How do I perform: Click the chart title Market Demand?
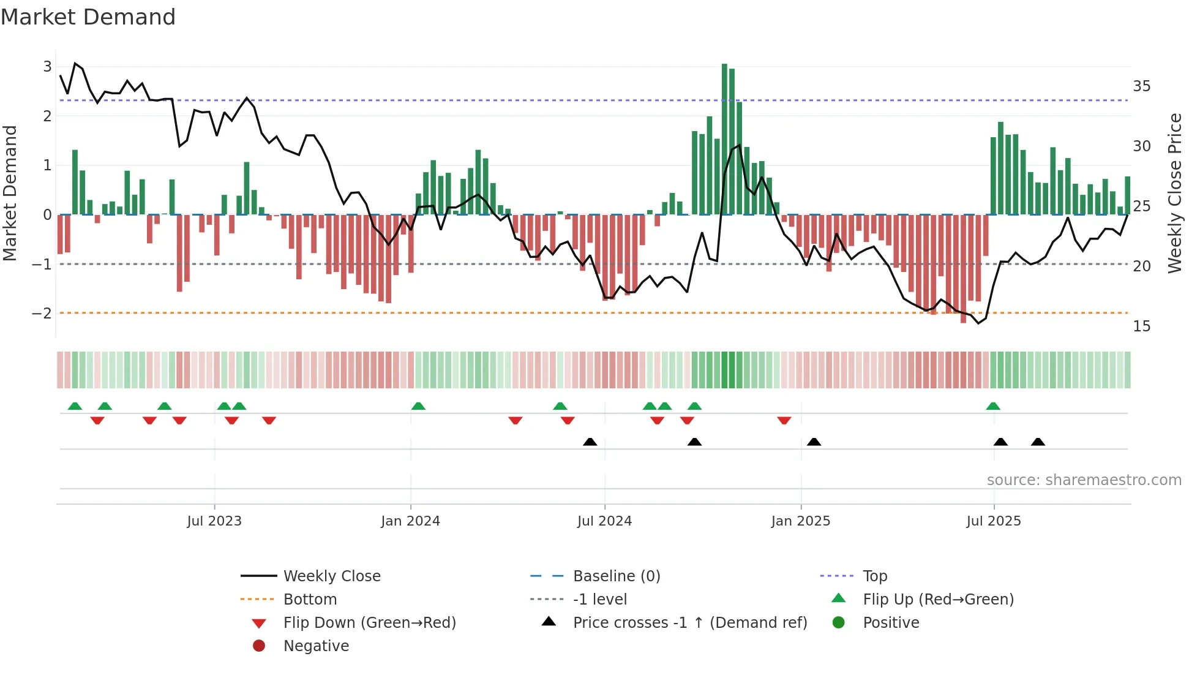(88, 17)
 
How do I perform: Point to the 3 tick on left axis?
(47, 66)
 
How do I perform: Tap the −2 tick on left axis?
(42, 313)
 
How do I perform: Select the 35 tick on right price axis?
(1141, 86)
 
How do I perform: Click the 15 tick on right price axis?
(1141, 326)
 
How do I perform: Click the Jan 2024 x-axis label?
(410, 521)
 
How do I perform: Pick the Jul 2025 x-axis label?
(994, 521)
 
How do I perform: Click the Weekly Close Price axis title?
(1174, 193)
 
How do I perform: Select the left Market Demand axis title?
(10, 193)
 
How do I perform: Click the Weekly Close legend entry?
(331, 576)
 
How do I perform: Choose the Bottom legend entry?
(310, 600)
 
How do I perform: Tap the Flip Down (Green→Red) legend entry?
(369, 623)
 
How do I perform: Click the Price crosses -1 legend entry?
(689, 623)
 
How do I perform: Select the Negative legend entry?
(316, 646)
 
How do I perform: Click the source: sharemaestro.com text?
(1084, 480)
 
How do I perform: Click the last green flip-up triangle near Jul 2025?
(993, 406)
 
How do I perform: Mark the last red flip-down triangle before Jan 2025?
(784, 420)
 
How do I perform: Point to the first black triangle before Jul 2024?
(590, 442)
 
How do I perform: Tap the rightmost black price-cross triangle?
(1038, 442)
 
